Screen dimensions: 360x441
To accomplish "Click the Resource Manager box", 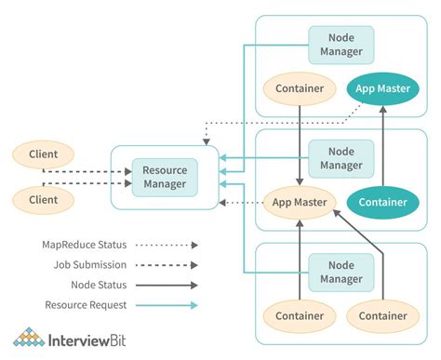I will (x=165, y=177).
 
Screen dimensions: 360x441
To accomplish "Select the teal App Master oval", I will (x=383, y=89).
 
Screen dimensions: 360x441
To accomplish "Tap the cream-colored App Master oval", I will (x=298, y=201).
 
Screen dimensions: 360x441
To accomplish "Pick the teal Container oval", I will (x=383, y=201).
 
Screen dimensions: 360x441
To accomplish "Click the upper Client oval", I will (x=43, y=154).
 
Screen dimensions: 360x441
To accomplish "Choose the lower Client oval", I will (x=43, y=199).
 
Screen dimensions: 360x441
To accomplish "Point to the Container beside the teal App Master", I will (x=300, y=89).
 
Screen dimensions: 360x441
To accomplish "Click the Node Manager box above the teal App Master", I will (x=341, y=44).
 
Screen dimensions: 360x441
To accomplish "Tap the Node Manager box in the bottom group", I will (x=341, y=271).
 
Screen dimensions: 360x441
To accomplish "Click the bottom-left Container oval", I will (x=300, y=316).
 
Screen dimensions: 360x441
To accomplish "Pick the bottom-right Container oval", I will (x=383, y=316).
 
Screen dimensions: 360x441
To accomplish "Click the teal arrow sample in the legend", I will (x=167, y=305).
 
